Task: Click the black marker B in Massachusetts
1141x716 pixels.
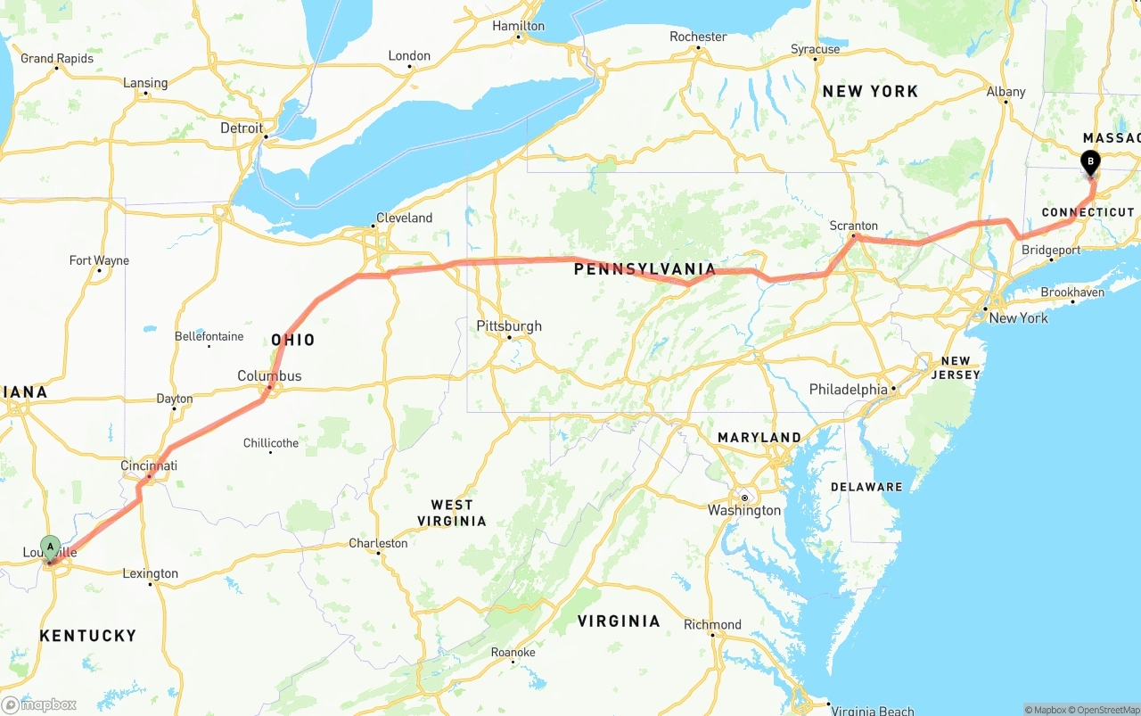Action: pyautogui.click(x=1089, y=162)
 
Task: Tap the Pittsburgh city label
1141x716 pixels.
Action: pyautogui.click(x=509, y=326)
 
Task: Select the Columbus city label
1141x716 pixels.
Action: pyautogui.click(x=269, y=376)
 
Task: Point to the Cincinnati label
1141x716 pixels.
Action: pyautogui.click(x=149, y=465)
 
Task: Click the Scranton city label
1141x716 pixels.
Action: pyautogui.click(x=853, y=226)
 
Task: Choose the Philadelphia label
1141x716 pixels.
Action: pyautogui.click(x=848, y=390)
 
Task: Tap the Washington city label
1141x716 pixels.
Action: pyautogui.click(x=744, y=510)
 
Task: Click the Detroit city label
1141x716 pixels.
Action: pyautogui.click(x=242, y=128)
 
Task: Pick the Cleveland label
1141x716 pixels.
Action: pyautogui.click(x=404, y=218)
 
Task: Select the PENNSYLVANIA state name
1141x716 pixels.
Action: pyautogui.click(x=644, y=269)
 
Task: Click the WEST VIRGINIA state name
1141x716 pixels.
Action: pyautogui.click(x=452, y=513)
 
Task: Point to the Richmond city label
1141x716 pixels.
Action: pyautogui.click(x=712, y=624)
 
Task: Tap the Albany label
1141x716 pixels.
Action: pyautogui.click(x=1006, y=92)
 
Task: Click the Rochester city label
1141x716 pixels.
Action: pyautogui.click(x=698, y=37)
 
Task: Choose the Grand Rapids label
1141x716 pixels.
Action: pyautogui.click(x=57, y=59)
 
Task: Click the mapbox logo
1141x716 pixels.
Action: pyautogui.click(x=39, y=704)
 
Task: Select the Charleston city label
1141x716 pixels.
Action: pyautogui.click(x=378, y=543)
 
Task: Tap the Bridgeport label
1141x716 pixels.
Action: pyautogui.click(x=1050, y=251)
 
